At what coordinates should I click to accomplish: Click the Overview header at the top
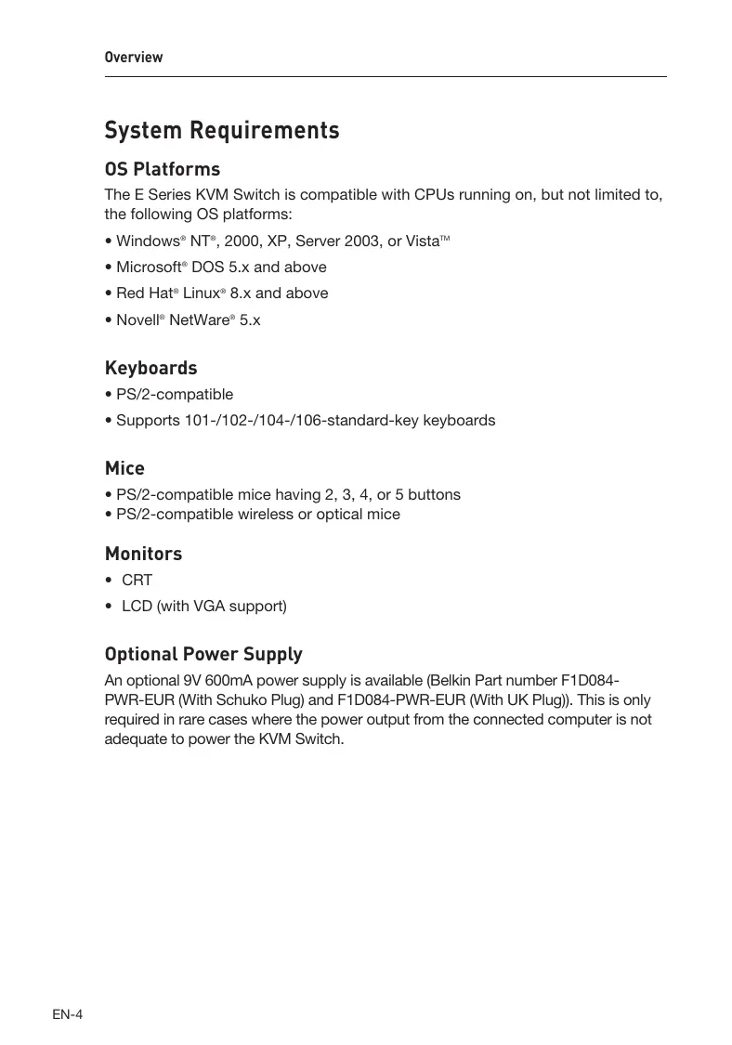click(134, 58)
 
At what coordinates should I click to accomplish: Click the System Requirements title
click(222, 130)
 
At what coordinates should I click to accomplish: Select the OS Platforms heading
click(163, 170)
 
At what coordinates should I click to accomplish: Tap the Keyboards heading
click(150, 369)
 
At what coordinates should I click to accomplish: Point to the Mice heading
click(124, 469)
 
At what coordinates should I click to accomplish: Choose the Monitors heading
click(143, 555)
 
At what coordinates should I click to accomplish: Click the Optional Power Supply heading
click(203, 655)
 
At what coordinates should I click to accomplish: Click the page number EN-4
click(68, 1014)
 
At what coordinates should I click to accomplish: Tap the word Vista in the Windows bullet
click(424, 242)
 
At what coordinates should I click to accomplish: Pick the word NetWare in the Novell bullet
click(199, 320)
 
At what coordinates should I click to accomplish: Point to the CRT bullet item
click(137, 581)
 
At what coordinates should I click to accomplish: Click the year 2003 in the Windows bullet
click(364, 242)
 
